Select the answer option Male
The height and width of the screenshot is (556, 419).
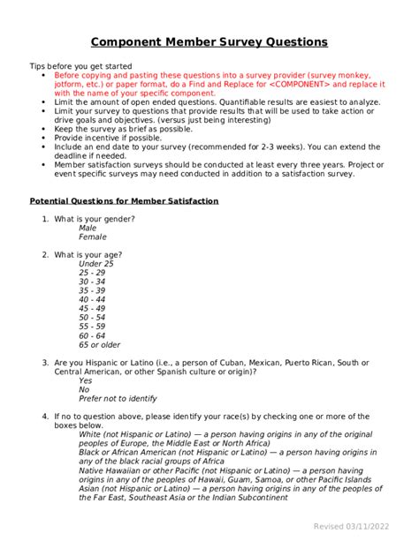click(88, 228)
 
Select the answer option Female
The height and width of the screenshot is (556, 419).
click(92, 237)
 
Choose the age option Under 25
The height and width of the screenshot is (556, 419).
click(95, 264)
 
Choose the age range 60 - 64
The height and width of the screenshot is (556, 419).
click(91, 335)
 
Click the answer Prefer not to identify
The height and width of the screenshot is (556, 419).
click(118, 398)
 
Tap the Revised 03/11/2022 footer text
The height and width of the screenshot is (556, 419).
click(351, 527)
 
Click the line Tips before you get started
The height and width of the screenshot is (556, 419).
click(80, 66)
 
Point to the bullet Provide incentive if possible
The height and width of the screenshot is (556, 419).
click(109, 138)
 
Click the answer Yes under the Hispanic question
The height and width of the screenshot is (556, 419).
click(85, 380)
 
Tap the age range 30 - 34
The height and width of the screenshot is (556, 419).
click(91, 282)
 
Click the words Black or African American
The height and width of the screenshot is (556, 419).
click(133, 452)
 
